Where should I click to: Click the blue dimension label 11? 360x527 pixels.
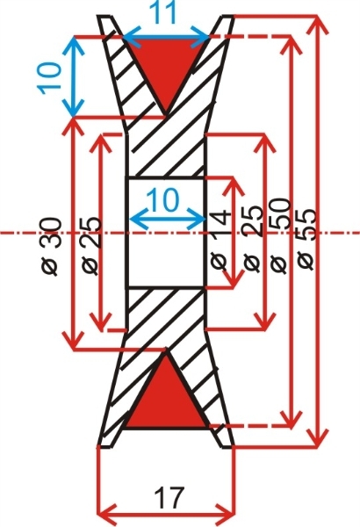click(165, 12)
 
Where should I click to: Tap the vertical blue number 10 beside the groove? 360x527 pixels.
click(49, 78)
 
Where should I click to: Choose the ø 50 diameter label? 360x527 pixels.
click(280, 235)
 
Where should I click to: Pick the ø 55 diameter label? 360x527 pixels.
click(306, 239)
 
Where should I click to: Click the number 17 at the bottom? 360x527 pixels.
click(169, 498)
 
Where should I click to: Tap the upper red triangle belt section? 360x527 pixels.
click(165, 64)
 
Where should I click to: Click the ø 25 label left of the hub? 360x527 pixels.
click(90, 246)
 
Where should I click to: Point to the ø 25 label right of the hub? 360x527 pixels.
click(253, 238)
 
